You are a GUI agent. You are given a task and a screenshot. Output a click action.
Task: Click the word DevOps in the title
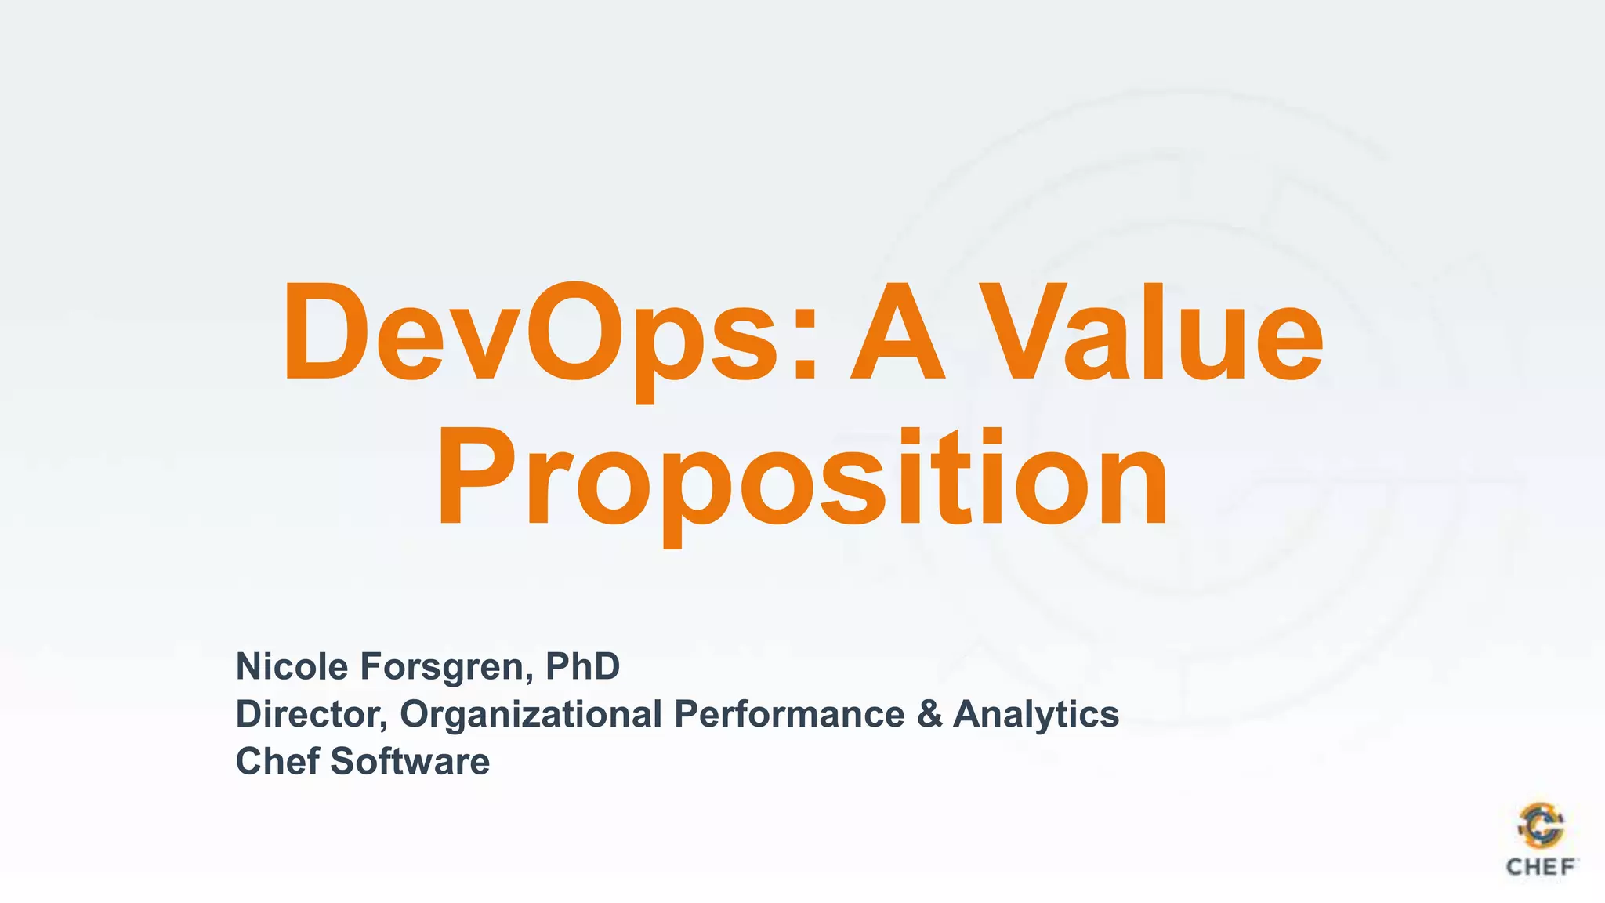coord(533,333)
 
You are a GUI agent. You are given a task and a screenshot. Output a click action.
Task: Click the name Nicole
coord(292,666)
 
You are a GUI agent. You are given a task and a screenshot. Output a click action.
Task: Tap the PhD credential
coord(582,666)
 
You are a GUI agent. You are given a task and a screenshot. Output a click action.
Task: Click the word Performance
coord(789,714)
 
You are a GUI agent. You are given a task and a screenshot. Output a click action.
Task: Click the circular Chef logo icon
coord(1541,826)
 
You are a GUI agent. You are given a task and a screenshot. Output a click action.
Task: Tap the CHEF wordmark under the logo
coord(1541,867)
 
